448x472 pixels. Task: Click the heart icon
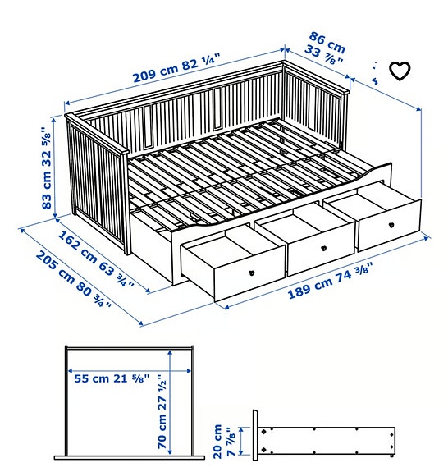coord(399,71)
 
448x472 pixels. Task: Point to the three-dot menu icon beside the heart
coord(375,71)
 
